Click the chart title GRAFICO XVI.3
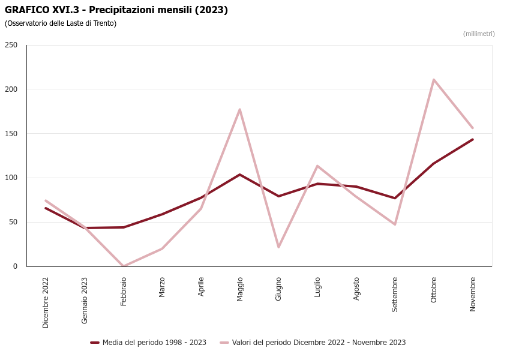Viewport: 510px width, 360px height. point(116,10)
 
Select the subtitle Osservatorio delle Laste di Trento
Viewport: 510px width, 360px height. point(61,23)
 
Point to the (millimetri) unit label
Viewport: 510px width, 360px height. point(479,34)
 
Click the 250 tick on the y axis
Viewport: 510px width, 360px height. point(11,45)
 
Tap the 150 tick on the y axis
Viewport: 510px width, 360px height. point(11,134)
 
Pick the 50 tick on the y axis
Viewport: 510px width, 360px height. point(13,222)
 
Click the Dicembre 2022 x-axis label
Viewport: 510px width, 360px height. point(46,302)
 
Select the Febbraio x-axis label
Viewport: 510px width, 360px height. point(124,291)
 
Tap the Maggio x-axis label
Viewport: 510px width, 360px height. point(240,289)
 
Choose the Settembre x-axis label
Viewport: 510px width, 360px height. point(395,294)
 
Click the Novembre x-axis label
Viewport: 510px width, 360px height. point(473,293)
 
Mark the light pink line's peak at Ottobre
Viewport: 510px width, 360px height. point(434,80)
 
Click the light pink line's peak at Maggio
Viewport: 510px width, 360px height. point(240,109)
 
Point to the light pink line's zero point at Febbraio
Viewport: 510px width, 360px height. point(124,266)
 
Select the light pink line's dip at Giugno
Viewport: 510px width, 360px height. point(278,247)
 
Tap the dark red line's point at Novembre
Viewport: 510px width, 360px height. point(473,140)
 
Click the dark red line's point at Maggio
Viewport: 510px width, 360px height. point(240,175)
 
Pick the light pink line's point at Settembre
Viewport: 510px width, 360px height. point(395,224)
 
